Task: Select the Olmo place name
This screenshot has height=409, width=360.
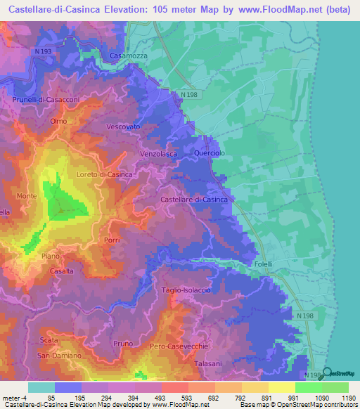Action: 58,121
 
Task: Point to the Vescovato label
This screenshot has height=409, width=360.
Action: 124,126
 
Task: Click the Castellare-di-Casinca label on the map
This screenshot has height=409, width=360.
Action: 194,200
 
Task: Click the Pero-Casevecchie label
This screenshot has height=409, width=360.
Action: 177,346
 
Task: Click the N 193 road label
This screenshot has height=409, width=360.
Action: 43,52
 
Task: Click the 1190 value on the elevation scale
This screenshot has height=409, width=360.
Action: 346,398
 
